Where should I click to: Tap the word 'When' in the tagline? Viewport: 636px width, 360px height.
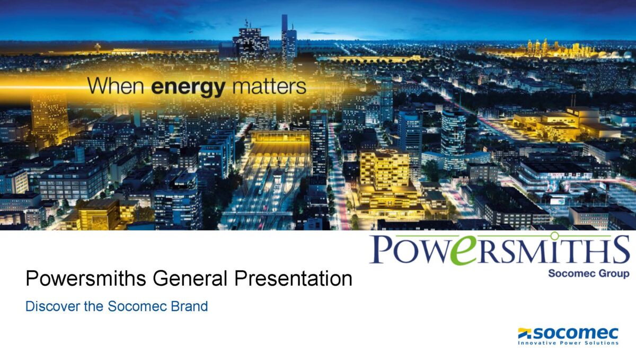click(x=116, y=85)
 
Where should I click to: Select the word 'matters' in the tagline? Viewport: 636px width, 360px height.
click(x=269, y=86)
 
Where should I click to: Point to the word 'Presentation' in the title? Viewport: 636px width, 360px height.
click(x=293, y=278)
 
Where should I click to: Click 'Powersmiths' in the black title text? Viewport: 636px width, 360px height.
click(x=86, y=278)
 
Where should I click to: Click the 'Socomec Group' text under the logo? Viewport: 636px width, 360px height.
click(x=589, y=274)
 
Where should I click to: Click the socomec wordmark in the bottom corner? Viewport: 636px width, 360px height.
click(x=576, y=333)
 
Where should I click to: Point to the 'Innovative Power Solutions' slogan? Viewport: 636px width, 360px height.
click(x=568, y=343)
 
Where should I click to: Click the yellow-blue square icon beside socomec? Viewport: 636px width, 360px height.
click(x=525, y=333)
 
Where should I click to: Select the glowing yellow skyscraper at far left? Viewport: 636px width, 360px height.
click(x=50, y=118)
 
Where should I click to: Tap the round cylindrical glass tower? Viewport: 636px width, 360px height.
click(x=454, y=140)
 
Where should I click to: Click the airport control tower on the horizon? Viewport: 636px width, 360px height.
click(x=98, y=47)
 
